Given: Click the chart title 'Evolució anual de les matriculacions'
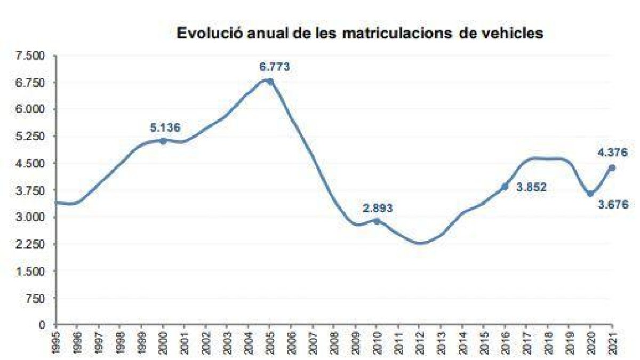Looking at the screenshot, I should [360, 33].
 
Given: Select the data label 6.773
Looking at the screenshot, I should [274, 67].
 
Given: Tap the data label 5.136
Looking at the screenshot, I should [165, 127].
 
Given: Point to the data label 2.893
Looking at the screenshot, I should [378, 208].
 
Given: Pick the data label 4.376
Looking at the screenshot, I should [612, 153].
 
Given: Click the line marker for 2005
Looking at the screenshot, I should [270, 82].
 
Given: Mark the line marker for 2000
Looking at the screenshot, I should [163, 141].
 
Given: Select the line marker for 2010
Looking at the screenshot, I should [377, 221].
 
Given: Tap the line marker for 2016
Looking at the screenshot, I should [505, 186].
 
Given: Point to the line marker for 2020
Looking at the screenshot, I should [590, 193].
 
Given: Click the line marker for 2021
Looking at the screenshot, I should [612, 167].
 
